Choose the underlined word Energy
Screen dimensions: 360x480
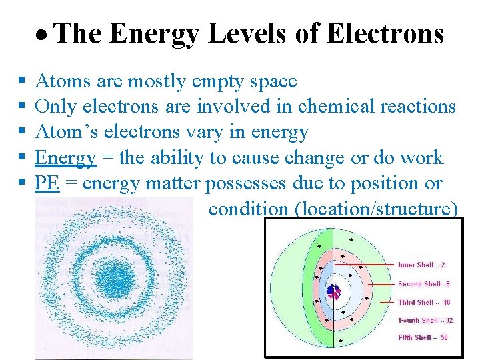coord(65,158)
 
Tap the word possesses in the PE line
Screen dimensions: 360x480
coord(247,183)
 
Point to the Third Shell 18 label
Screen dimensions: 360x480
coord(424,302)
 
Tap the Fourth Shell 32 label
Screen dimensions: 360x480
coord(425,320)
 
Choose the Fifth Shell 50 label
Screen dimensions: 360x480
coord(423,337)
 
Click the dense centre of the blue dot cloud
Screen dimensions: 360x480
coord(115,278)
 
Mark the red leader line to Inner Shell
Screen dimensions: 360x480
coord(367,265)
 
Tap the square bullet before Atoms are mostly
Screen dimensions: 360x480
coord(21,81)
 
